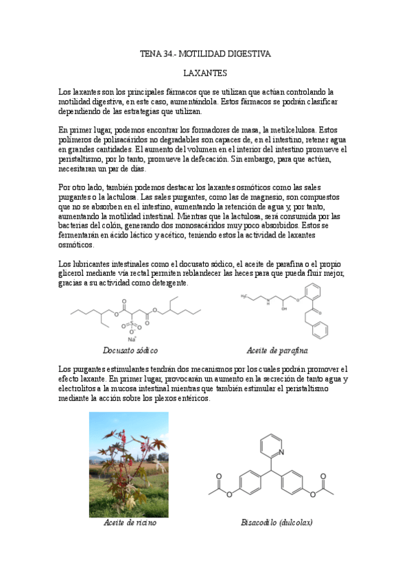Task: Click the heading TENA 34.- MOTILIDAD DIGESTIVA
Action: point(205,53)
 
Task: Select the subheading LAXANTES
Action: point(206,72)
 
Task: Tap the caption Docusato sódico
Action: point(130,350)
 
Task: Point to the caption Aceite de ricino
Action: point(130,523)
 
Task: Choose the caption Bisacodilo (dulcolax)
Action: point(277,523)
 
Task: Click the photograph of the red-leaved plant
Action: point(128,464)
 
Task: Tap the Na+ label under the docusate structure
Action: point(132,338)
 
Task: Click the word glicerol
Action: point(73,274)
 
